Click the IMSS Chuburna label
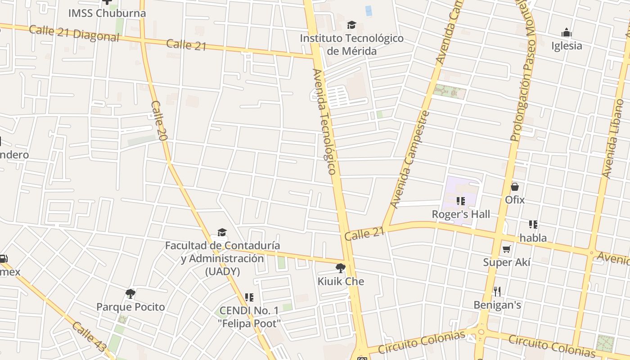(x=107, y=13)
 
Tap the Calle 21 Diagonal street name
(x=74, y=33)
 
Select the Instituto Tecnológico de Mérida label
(x=351, y=45)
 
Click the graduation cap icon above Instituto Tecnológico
(x=351, y=25)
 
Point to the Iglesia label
(x=567, y=45)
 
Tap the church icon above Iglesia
(x=567, y=32)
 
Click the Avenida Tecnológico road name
(x=324, y=121)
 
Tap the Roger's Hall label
(x=461, y=214)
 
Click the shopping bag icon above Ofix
(x=515, y=187)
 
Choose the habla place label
(x=533, y=238)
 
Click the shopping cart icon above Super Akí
(x=507, y=249)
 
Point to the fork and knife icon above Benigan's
(x=497, y=292)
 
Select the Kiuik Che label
(x=341, y=282)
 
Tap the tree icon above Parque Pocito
(x=130, y=294)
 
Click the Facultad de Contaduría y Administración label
(x=222, y=258)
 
